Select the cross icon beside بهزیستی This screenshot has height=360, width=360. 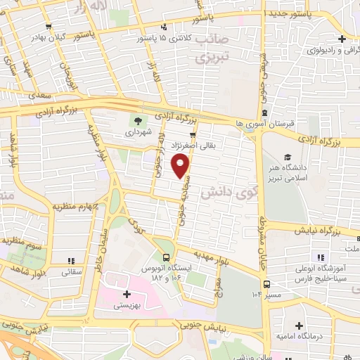[x=127, y=294]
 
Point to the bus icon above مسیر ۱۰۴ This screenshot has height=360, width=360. [x=266, y=284]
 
